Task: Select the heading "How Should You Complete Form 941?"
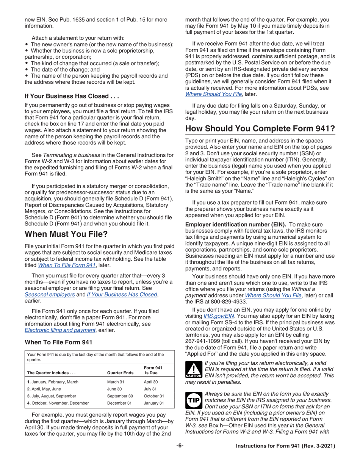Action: coord(260,129)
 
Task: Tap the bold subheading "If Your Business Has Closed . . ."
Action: coord(72,96)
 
